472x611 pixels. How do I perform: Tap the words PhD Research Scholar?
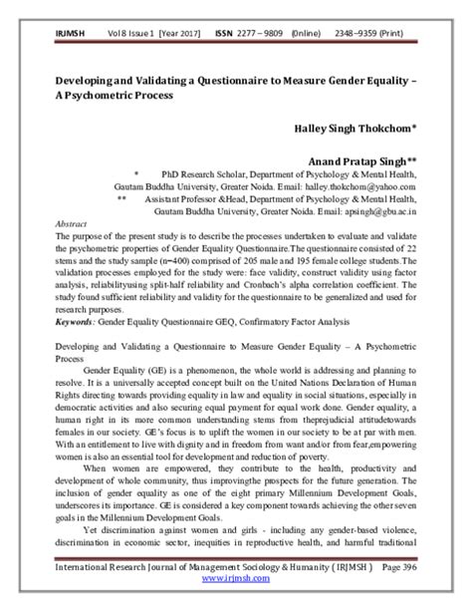[187, 172]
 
